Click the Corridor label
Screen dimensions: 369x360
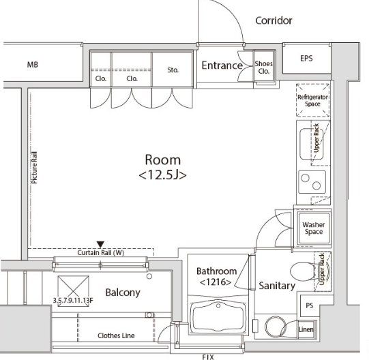pos(274,20)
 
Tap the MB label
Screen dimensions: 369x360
pos(33,65)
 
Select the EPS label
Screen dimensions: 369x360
pos(306,58)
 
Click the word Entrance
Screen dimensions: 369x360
pos(222,65)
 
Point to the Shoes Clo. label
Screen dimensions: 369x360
pos(263,67)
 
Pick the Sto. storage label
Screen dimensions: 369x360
pos(173,70)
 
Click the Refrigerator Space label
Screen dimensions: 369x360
pos(312,100)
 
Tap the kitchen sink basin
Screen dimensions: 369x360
pos(311,144)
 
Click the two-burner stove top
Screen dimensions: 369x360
pos(312,182)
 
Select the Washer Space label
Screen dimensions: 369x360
pos(314,228)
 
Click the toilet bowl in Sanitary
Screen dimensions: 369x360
pos(303,271)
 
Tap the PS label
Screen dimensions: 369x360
pos(309,305)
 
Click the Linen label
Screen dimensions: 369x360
pos(306,329)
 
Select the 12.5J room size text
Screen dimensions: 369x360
pos(162,175)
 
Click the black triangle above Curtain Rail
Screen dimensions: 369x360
pos(100,244)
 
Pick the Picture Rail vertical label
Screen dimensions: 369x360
pos(34,168)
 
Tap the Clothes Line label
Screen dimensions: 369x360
pos(116,335)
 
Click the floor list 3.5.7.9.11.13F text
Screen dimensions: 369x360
pos(73,300)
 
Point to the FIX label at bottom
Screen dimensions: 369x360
pos(208,357)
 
